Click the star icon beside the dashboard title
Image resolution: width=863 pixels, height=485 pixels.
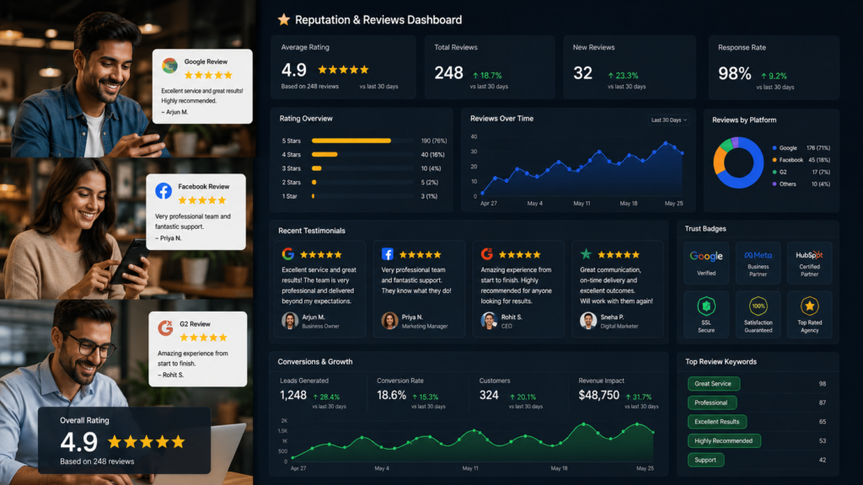tap(283, 20)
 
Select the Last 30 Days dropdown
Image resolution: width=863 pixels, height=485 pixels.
tap(668, 120)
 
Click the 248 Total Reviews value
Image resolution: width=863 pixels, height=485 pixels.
tap(448, 72)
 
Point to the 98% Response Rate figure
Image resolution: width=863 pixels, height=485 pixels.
tap(734, 73)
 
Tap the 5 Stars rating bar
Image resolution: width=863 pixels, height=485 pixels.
tap(351, 141)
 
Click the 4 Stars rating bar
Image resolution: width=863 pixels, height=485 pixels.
tap(324, 155)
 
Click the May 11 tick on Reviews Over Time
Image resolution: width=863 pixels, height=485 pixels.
tap(582, 204)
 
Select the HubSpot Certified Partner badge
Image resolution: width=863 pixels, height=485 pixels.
tap(809, 263)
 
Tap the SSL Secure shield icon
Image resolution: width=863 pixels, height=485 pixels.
tap(706, 306)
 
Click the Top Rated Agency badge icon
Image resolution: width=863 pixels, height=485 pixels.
tap(809, 306)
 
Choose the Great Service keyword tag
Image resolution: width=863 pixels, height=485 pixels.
tap(713, 384)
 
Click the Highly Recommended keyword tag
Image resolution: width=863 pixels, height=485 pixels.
tap(724, 441)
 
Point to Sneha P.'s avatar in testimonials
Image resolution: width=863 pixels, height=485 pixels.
tap(588, 320)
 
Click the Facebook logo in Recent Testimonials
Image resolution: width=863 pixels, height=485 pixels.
tap(388, 254)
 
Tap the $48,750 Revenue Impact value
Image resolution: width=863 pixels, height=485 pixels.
tap(599, 396)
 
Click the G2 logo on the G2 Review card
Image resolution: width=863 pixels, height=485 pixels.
tap(165, 328)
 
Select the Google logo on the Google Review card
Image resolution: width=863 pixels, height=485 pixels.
tap(169, 66)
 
